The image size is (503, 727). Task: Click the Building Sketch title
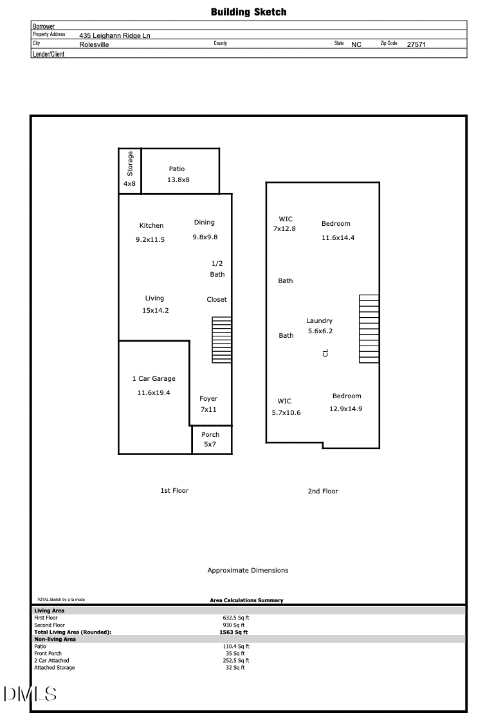248,12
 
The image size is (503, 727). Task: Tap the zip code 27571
416,45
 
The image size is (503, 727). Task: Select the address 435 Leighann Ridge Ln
115,36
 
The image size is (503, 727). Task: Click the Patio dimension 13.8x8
178,180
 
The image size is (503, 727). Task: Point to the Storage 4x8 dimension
129,184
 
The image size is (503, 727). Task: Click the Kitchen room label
151,226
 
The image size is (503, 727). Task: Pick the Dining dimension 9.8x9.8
205,237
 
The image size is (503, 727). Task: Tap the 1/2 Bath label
217,269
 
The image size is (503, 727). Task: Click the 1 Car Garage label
153,379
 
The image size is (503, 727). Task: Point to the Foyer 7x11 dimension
208,410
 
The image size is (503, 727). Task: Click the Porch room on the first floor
210,439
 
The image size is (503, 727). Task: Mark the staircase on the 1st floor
222,340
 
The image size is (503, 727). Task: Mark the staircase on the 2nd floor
369,328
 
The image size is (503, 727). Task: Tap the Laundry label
319,321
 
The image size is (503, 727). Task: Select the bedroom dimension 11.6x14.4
338,238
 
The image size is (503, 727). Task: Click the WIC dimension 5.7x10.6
286,413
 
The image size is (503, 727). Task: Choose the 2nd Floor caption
323,492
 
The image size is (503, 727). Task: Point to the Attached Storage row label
54,668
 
